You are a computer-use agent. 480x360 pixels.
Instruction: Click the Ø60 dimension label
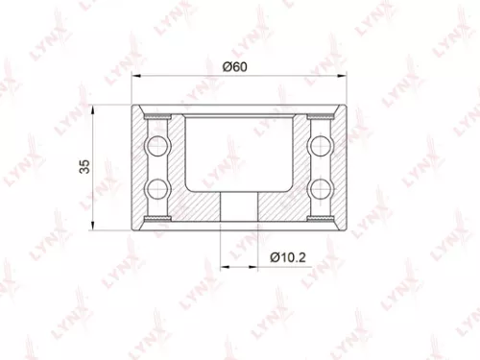(x=236, y=66)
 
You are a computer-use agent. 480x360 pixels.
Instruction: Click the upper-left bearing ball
(x=156, y=146)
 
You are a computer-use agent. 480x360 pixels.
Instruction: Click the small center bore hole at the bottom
(x=238, y=206)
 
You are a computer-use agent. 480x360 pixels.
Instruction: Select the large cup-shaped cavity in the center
(x=238, y=149)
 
